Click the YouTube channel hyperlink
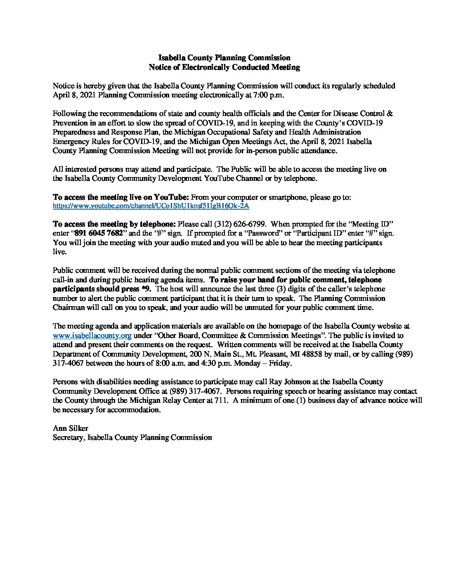click(151, 205)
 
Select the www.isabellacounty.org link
click(92, 335)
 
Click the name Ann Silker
click(68, 429)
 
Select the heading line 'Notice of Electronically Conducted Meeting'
click(224, 67)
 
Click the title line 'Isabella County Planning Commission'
click(224, 58)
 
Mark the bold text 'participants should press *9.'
click(102, 289)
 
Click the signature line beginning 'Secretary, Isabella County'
click(132, 438)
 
